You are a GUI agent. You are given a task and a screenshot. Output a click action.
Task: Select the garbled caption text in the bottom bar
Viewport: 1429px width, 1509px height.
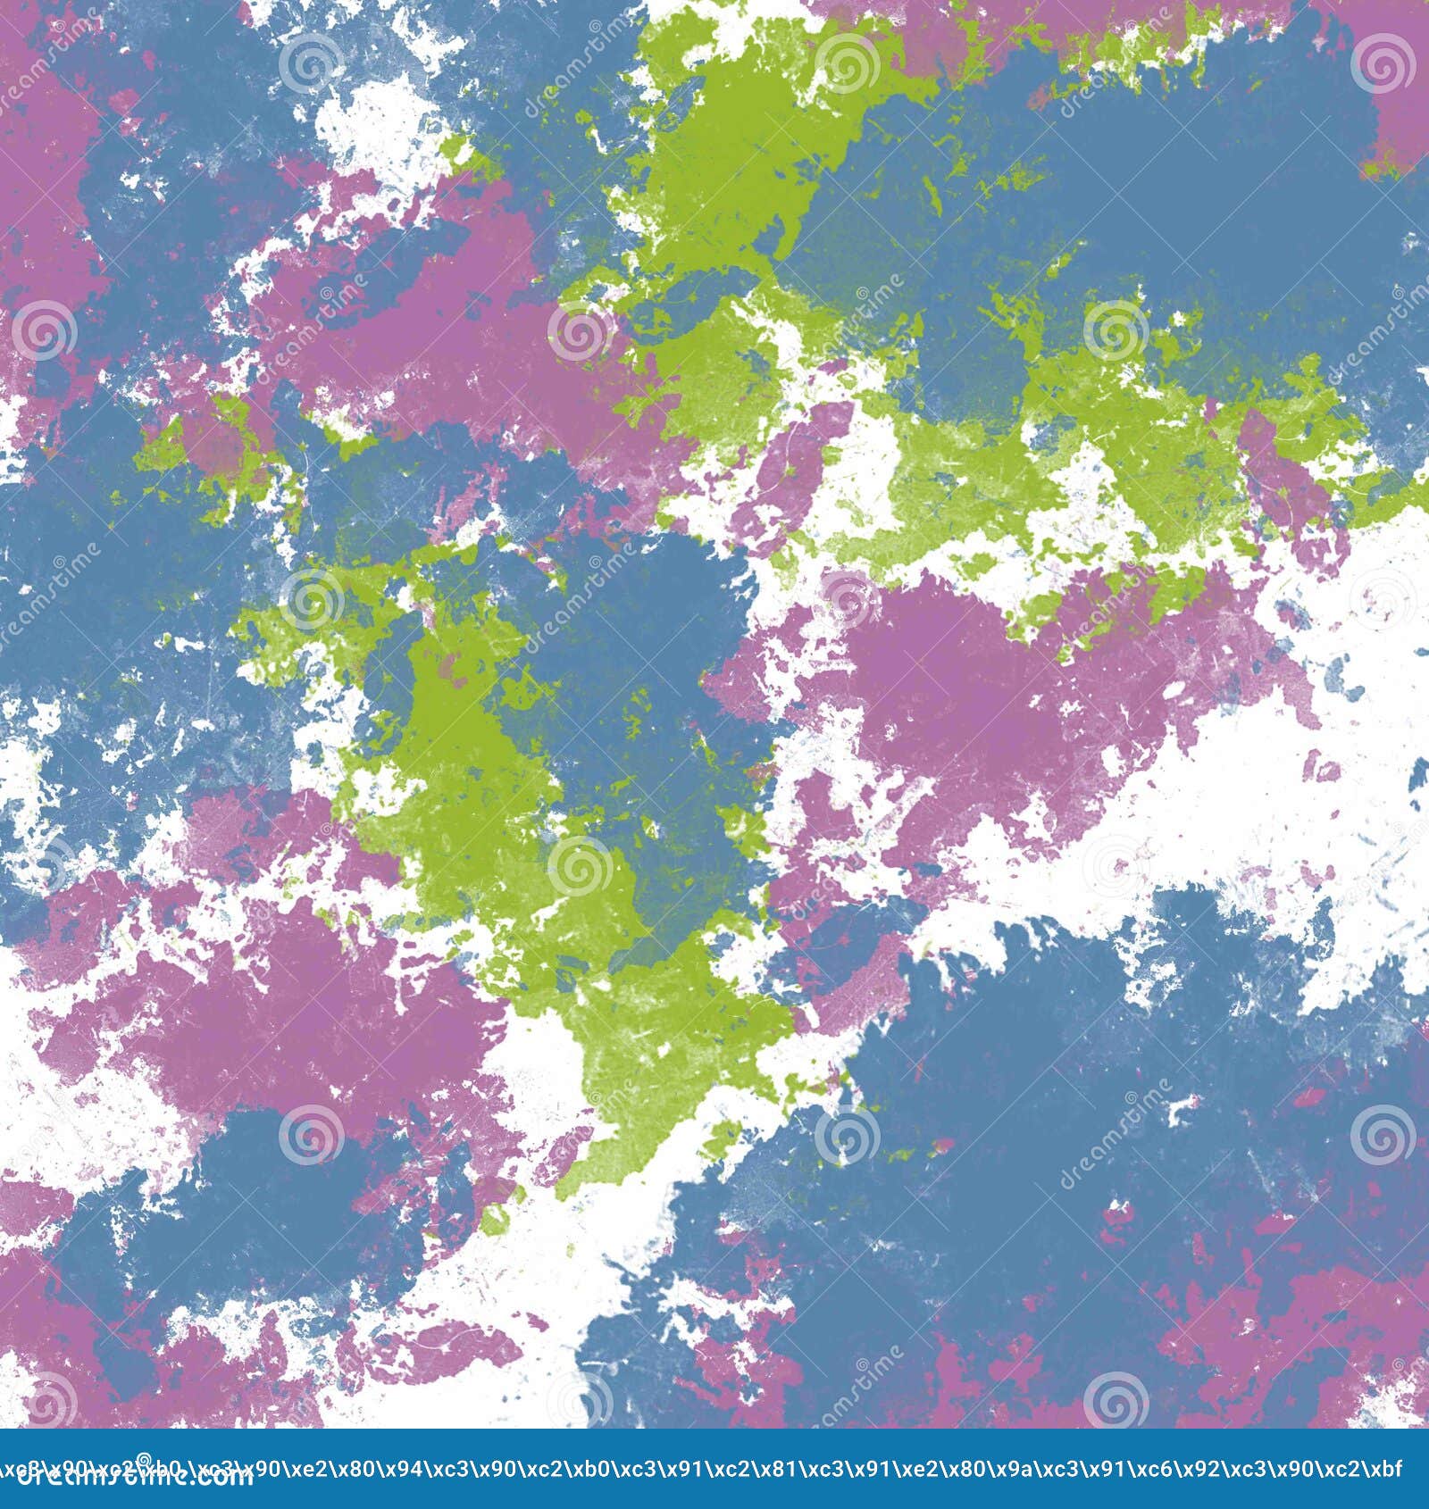point(714,1467)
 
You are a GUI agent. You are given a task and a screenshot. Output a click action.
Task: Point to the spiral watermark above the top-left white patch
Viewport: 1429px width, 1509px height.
point(311,64)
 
